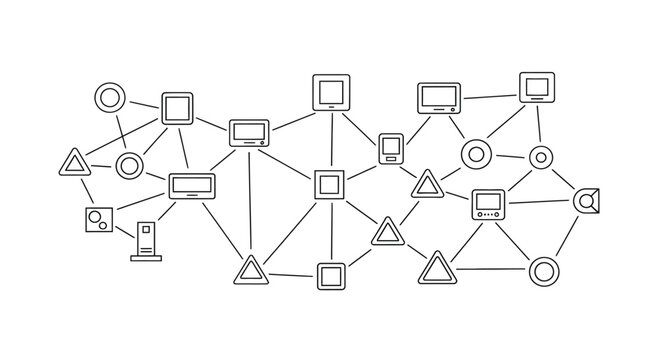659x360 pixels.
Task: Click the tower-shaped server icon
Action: [x=146, y=242]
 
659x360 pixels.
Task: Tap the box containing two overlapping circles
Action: [x=98, y=219]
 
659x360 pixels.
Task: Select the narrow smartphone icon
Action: [x=390, y=149]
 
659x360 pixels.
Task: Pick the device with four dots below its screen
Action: [x=488, y=203]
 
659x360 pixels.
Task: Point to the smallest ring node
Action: [x=540, y=157]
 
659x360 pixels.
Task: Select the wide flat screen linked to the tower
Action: [x=191, y=185]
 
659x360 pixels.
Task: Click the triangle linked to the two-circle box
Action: [x=74, y=162]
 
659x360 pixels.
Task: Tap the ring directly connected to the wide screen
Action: [x=128, y=165]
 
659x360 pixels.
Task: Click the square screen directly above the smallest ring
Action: [x=536, y=89]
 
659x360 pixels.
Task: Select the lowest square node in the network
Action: [x=331, y=275]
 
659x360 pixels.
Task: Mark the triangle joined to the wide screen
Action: [x=250, y=269]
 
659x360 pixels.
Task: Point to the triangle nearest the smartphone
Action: [x=427, y=185]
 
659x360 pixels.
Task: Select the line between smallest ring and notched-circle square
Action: [x=563, y=178]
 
